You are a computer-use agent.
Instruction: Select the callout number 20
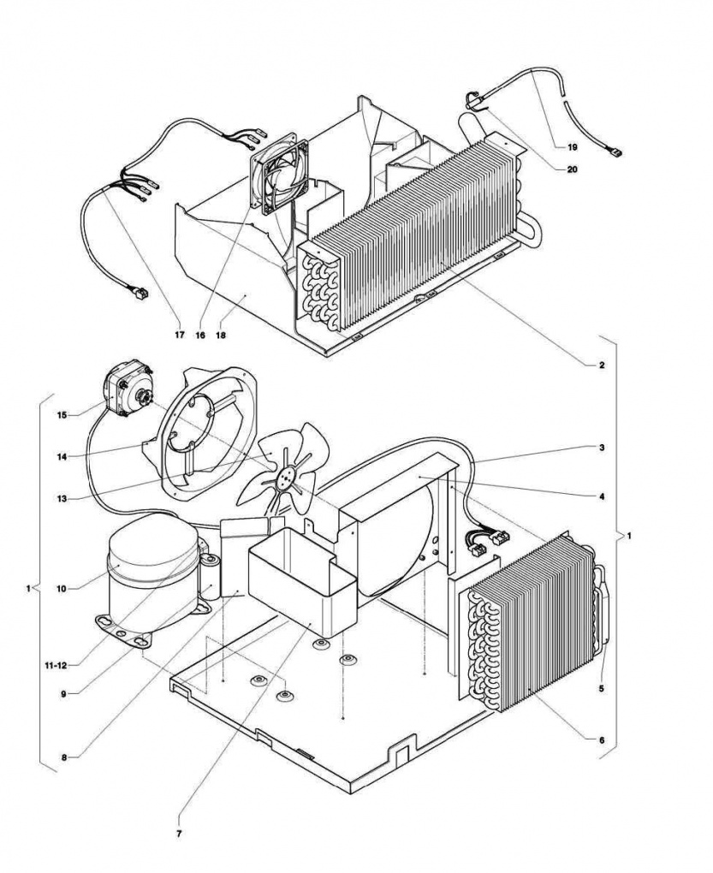572,169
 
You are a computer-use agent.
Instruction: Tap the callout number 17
180,335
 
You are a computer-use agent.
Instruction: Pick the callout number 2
602,365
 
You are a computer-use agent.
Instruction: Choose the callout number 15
62,415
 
